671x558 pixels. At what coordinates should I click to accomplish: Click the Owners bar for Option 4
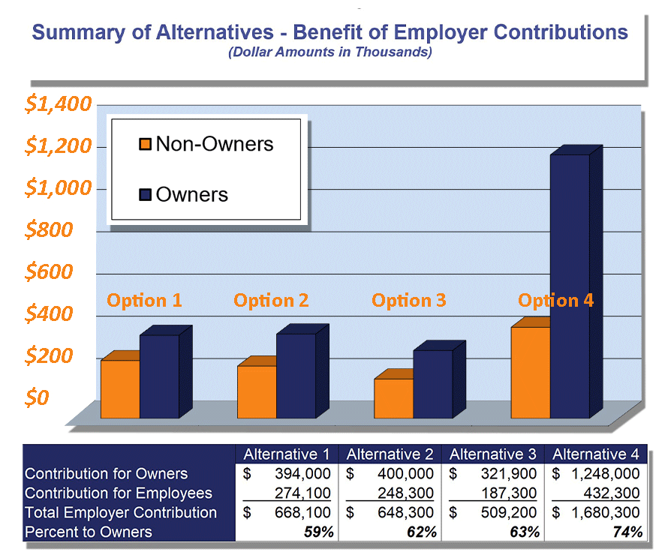pyautogui.click(x=570, y=285)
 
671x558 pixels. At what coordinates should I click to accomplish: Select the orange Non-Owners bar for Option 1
pyautogui.click(x=120, y=388)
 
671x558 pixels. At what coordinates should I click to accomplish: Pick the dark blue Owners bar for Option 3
pyautogui.click(x=432, y=383)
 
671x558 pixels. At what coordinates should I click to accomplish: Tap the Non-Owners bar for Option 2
pyautogui.click(x=257, y=391)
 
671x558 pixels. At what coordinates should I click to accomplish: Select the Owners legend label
pyautogui.click(x=191, y=194)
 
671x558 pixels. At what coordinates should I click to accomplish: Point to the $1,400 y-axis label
pyautogui.click(x=58, y=104)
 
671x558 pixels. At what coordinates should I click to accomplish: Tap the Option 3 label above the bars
pyautogui.click(x=409, y=301)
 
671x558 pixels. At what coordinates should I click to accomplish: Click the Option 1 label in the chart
pyautogui.click(x=144, y=301)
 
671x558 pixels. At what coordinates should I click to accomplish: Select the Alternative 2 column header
pyautogui.click(x=390, y=454)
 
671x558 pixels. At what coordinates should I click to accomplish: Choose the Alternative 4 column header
pyautogui.click(x=596, y=454)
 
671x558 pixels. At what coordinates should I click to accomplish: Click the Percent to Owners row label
pyautogui.click(x=89, y=532)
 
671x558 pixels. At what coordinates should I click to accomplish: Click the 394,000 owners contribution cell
pyautogui.click(x=300, y=474)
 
